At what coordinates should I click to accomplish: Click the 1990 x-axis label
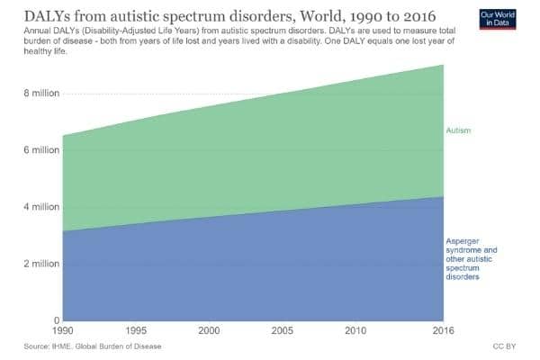click(x=63, y=331)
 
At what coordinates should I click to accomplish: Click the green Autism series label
click(x=459, y=131)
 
